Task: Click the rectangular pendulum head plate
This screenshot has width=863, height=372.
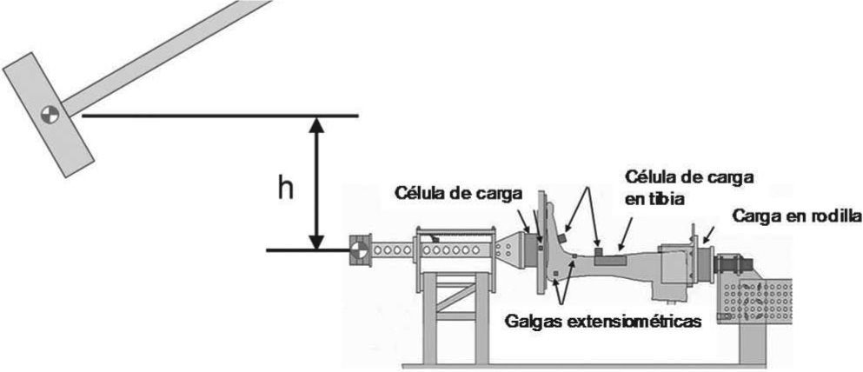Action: pos(49,113)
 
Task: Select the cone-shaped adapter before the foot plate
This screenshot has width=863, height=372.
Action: pos(513,249)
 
